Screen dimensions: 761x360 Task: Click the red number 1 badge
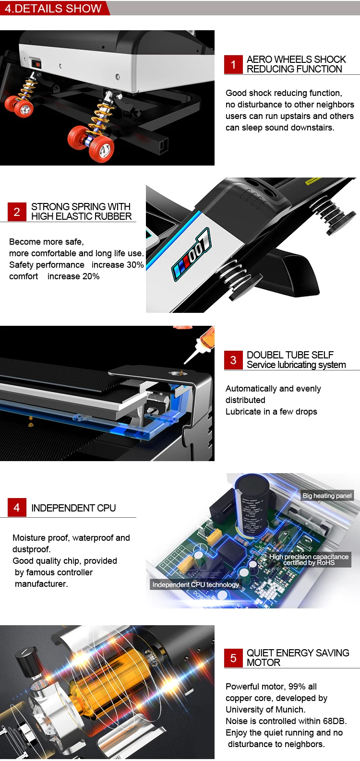coord(233,65)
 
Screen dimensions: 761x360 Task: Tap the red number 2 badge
coord(17,212)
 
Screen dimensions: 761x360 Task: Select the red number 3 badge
coord(233,360)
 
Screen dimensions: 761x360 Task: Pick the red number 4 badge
coord(17,508)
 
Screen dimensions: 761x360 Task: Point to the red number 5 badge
coord(233,658)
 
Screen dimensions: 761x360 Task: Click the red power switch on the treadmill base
coord(36,63)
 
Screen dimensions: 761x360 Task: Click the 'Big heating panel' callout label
coord(327,496)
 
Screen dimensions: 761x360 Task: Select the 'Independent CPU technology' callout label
coord(195,584)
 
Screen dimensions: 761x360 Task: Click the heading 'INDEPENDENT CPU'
coord(73,508)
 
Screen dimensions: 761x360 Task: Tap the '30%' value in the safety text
coord(135,265)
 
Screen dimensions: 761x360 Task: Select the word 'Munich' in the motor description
coord(290,710)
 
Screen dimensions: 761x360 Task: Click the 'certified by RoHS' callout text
coord(309,563)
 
